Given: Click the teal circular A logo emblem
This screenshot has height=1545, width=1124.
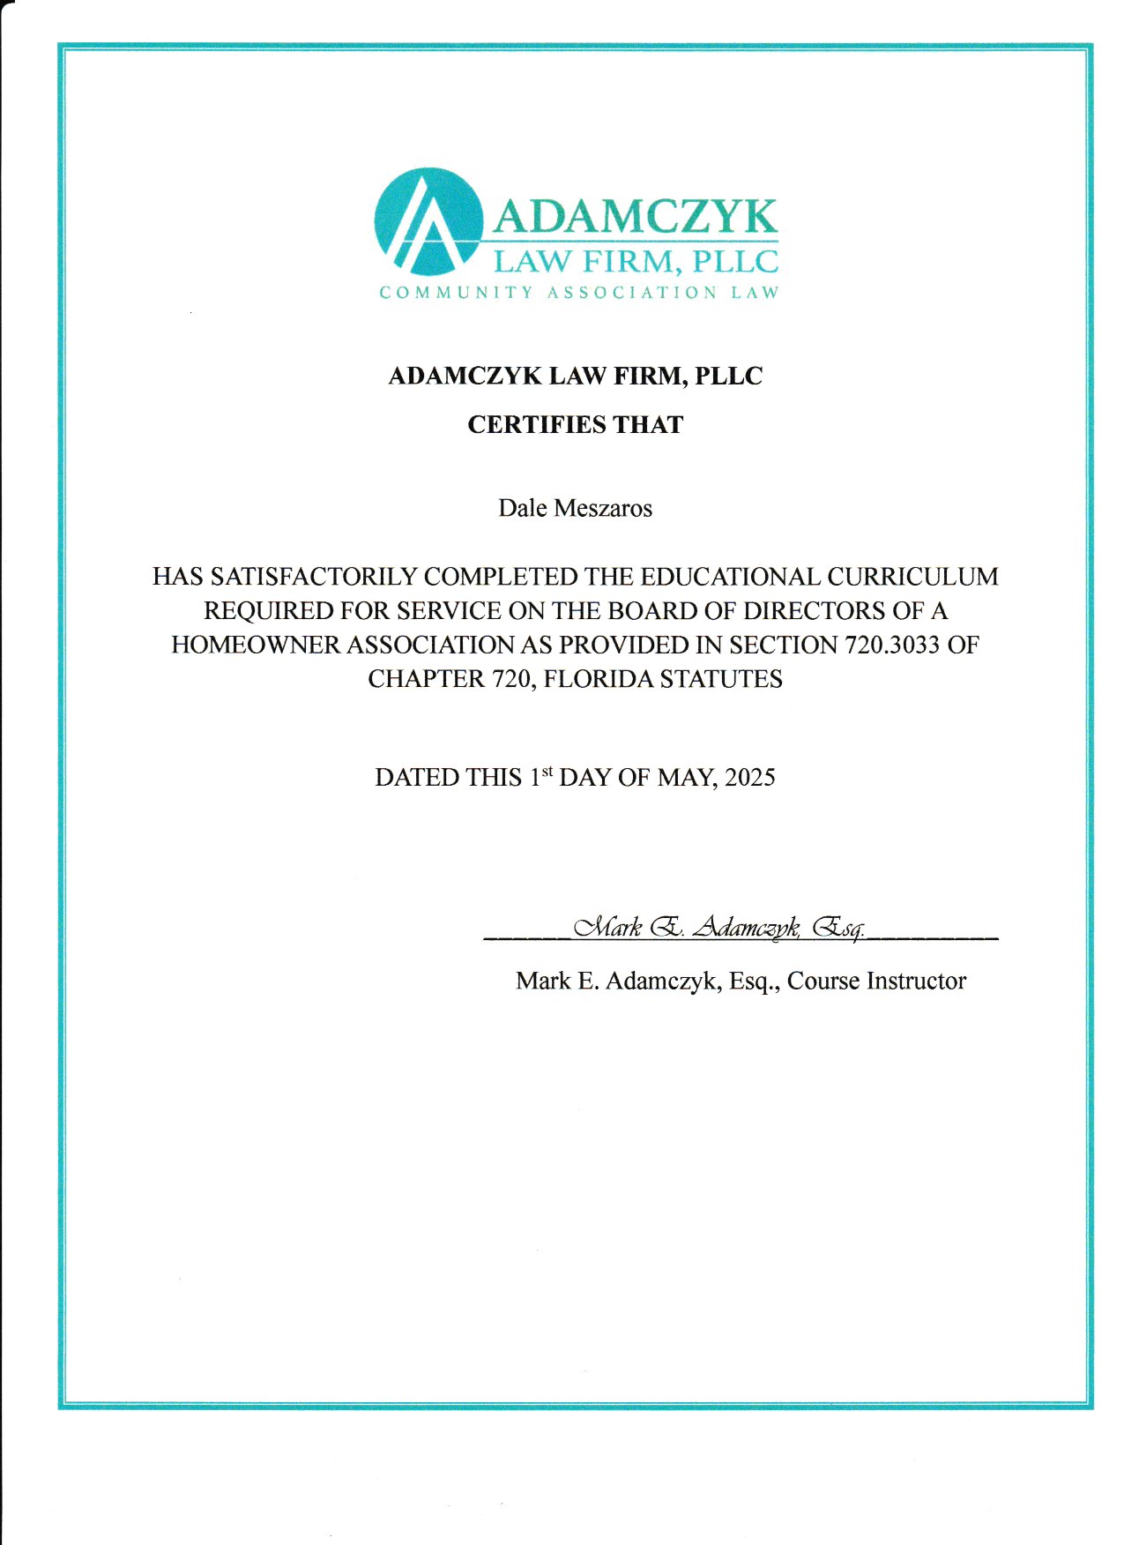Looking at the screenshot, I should [x=428, y=222].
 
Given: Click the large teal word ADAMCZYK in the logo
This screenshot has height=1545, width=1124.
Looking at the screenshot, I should [x=635, y=216].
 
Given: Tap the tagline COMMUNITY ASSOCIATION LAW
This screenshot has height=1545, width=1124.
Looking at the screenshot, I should [x=579, y=293].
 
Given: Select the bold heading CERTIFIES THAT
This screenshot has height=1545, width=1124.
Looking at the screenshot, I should [x=575, y=425].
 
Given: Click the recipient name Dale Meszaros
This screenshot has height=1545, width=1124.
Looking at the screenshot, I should [x=575, y=509].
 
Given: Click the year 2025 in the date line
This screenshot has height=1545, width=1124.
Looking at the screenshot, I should [x=749, y=778].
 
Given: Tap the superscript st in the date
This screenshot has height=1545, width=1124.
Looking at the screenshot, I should [x=547, y=772].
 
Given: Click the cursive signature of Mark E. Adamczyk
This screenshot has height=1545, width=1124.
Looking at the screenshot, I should [x=718, y=928].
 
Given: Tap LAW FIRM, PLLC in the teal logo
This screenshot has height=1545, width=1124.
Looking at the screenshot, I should [x=635, y=262].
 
